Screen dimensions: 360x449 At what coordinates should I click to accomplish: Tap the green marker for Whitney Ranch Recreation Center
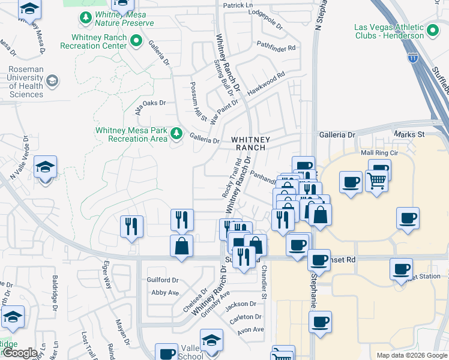(x=136, y=41)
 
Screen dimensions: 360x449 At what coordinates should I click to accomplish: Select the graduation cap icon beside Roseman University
(x=53, y=80)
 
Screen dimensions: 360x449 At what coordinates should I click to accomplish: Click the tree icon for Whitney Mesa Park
(x=176, y=133)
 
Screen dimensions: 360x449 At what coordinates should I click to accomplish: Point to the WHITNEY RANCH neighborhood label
(x=251, y=143)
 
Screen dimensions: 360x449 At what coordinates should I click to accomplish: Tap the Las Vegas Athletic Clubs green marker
(x=432, y=28)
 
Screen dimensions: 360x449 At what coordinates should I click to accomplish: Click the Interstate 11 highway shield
(x=412, y=58)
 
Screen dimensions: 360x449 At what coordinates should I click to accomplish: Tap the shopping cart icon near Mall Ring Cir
(x=376, y=178)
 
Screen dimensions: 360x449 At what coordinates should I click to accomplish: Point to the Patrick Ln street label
(x=238, y=5)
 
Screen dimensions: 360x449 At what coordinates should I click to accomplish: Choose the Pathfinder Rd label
(x=276, y=47)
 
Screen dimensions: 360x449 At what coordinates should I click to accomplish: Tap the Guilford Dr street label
(x=163, y=280)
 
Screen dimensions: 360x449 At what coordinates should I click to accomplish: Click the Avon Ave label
(x=250, y=329)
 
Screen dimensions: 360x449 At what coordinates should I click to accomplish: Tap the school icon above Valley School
(x=211, y=340)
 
